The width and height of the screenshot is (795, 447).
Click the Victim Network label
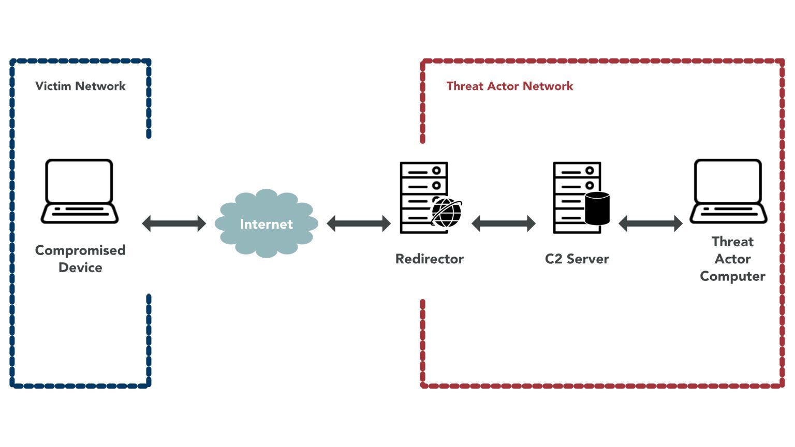coord(80,86)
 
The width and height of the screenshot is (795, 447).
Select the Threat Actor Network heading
coord(509,86)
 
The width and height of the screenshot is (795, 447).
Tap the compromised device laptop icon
coord(79,191)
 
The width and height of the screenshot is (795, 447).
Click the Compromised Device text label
coord(80,258)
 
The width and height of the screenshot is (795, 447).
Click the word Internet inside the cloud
coord(266,224)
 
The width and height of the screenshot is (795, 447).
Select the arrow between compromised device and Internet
coord(174,224)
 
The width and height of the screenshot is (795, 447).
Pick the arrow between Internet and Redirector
coord(358,224)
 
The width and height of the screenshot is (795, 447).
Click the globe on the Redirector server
coord(446,212)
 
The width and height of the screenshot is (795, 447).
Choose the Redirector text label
coord(429,259)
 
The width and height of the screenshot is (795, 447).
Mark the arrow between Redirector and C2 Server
coord(503,224)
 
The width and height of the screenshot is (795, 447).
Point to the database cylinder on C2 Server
coord(597,208)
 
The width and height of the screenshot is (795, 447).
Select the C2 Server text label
coord(577,259)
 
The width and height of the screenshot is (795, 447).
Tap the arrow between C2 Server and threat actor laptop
coord(650,224)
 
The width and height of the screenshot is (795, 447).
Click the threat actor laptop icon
coord(728,191)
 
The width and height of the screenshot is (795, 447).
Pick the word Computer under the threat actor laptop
coord(732,276)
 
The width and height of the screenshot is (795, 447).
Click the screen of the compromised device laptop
coord(79,181)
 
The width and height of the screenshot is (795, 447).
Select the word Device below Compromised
coord(80,267)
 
